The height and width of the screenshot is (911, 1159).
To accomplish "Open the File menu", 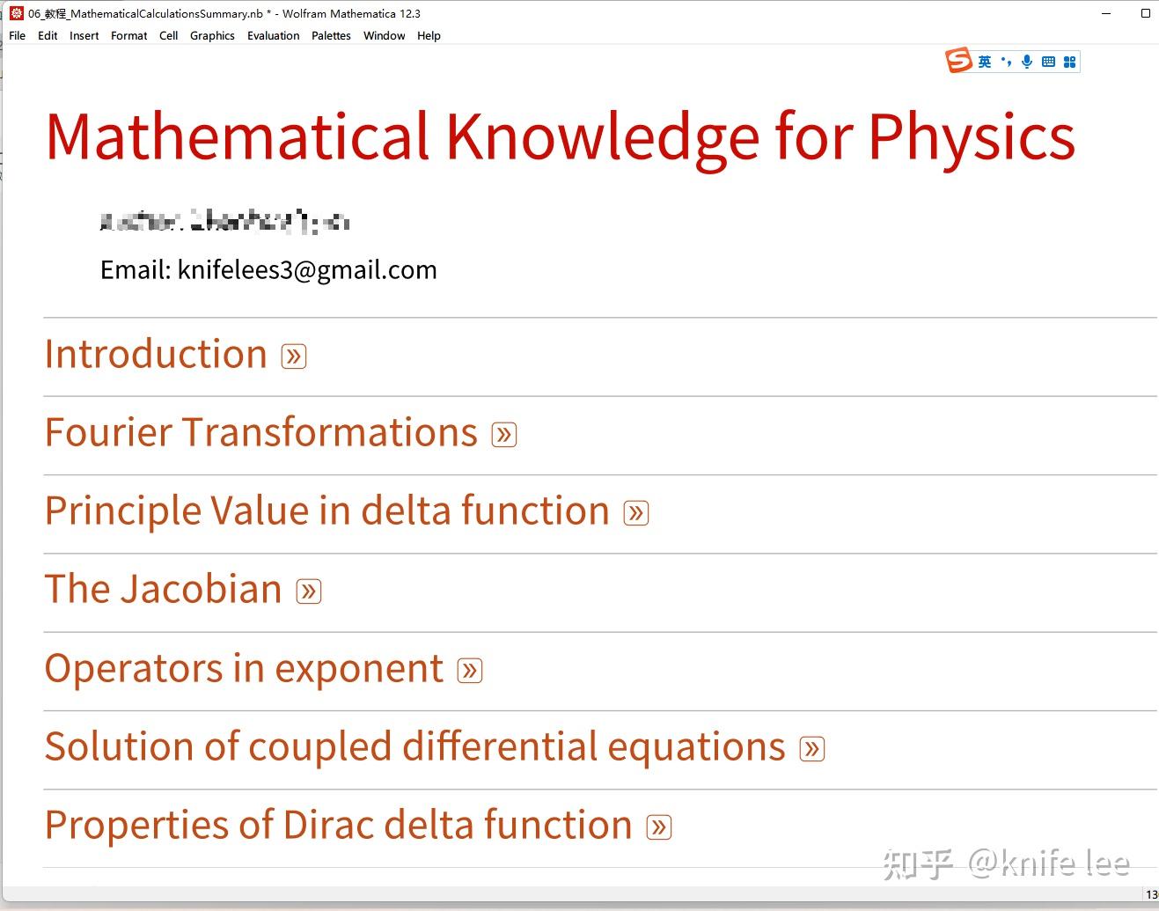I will [18, 36].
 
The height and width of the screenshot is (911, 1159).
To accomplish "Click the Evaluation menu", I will [273, 36].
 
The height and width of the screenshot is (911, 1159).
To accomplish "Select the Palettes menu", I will [331, 36].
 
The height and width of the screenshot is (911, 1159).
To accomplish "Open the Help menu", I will [429, 36].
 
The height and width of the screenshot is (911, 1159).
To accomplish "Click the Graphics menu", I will [212, 36].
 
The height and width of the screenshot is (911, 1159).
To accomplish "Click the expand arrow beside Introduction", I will [294, 356].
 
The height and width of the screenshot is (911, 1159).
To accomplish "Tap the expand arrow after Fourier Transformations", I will [504, 435].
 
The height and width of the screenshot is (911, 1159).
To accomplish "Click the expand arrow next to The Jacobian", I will [309, 591].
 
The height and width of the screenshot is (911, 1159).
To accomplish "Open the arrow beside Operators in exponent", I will [470, 671].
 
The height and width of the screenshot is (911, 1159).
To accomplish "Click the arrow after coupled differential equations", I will [812, 749].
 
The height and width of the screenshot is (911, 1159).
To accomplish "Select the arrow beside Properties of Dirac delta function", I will [659, 827].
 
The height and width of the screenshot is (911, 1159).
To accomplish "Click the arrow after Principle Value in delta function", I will [636, 513].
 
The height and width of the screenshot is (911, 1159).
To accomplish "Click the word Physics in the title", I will [972, 138].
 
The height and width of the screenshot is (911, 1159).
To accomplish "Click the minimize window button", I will [1106, 13].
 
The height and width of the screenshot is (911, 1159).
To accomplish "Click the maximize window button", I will [1145, 13].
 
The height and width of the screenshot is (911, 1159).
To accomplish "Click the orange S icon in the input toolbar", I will [958, 61].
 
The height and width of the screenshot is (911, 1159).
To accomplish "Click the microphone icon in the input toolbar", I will [1026, 62].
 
